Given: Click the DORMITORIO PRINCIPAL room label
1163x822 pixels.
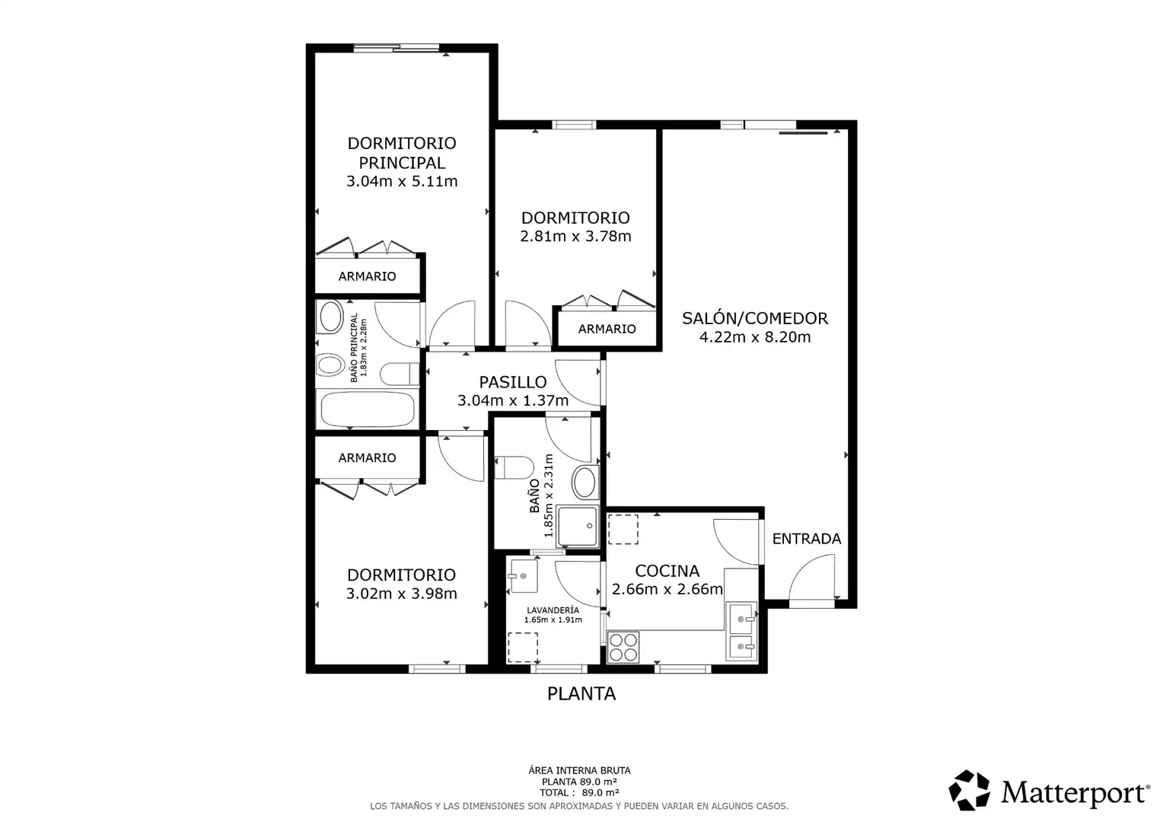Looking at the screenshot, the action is (402, 153).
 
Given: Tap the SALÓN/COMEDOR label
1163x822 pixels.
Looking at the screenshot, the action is (755, 318).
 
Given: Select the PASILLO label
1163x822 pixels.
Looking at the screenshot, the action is (512, 382).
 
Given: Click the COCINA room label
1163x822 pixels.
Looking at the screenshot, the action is (668, 571).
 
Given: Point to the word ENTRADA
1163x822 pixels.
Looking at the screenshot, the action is (806, 539).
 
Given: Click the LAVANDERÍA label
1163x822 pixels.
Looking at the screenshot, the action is (553, 610).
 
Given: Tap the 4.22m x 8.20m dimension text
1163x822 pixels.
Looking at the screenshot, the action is (755, 337).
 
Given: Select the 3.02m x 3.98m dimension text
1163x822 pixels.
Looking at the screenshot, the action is (401, 593).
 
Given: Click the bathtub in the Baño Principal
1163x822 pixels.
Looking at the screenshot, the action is (368, 409).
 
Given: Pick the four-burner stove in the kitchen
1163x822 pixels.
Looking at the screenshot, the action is (623, 646).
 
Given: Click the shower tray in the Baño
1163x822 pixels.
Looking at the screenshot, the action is (578, 525).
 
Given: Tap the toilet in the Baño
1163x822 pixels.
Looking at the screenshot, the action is (514, 467).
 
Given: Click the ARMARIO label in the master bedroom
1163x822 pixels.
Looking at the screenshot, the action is (367, 276).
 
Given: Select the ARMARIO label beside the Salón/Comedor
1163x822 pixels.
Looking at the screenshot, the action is (607, 329).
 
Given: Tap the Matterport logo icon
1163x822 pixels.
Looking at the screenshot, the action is (969, 790).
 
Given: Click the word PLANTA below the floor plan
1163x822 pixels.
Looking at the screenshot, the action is (581, 693).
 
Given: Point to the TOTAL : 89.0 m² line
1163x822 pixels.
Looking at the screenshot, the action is (579, 792).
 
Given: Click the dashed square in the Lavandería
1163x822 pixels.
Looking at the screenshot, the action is (523, 648).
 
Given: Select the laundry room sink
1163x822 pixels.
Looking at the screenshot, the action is (524, 575).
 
